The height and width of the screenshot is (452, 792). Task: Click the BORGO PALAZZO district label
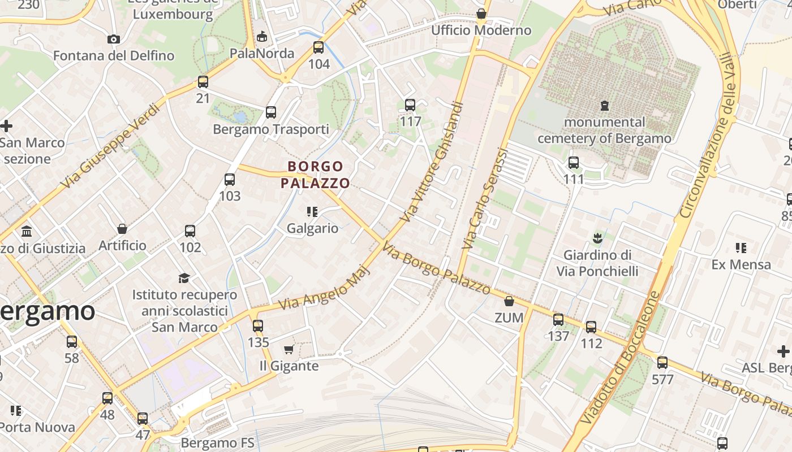tap(315, 175)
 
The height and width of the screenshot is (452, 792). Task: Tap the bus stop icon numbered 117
tap(410, 105)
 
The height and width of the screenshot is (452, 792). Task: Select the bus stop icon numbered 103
tap(230, 180)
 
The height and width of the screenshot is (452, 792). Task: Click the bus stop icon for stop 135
tap(258, 326)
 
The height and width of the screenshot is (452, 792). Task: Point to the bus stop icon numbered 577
tap(662, 363)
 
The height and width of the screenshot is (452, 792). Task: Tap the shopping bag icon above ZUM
tap(509, 301)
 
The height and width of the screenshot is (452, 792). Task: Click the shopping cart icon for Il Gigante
tap(289, 350)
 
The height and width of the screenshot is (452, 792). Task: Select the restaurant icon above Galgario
tap(312, 212)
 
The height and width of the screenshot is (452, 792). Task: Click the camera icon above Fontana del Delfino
tap(114, 39)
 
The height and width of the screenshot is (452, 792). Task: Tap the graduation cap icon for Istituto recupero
tap(184, 278)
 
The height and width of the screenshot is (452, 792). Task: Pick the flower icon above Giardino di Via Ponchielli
tap(597, 238)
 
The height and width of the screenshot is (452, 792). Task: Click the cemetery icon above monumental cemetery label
tap(605, 106)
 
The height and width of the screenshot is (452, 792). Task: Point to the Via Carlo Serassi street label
tap(485, 199)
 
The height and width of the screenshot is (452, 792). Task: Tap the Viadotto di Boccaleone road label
tap(620, 358)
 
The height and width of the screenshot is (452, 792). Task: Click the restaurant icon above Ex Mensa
tap(741, 248)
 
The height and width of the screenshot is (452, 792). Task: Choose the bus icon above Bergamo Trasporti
tap(271, 112)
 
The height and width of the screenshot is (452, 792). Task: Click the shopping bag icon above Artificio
tap(122, 229)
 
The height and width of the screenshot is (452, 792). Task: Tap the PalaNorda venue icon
tap(261, 37)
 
